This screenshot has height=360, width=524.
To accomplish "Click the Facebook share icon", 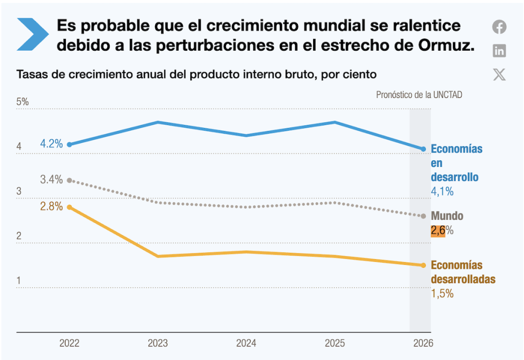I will tap(499, 27).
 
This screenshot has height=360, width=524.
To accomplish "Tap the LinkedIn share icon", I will tap(499, 51).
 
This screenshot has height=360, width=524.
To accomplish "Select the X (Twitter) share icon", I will tap(499, 75).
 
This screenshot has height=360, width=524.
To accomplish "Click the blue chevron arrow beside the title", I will tap(33, 34).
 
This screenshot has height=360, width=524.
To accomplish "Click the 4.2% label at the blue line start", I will tap(51, 144).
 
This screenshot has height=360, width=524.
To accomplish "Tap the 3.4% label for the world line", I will tap(51, 180).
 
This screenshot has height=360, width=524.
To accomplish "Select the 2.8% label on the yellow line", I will tap(51, 206).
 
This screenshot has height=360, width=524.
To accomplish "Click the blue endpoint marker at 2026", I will tap(423, 149).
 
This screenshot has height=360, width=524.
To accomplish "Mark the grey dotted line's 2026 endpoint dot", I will tap(423, 216).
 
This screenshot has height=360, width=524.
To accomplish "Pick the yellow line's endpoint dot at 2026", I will tap(423, 265).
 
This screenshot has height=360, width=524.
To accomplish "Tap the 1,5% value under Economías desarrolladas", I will tap(442, 294).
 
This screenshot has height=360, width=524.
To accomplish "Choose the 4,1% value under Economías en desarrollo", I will tap(442, 192).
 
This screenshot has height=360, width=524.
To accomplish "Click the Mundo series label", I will tap(447, 216).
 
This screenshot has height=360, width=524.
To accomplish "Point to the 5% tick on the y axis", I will tap(23, 102).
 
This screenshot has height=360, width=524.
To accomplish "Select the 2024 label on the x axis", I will tap(246, 344).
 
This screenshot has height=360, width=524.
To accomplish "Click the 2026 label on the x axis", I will tap(423, 344).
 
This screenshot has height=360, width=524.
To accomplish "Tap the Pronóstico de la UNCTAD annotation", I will tap(419, 95).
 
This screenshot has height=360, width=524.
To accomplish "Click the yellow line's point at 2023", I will tap(158, 256).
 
